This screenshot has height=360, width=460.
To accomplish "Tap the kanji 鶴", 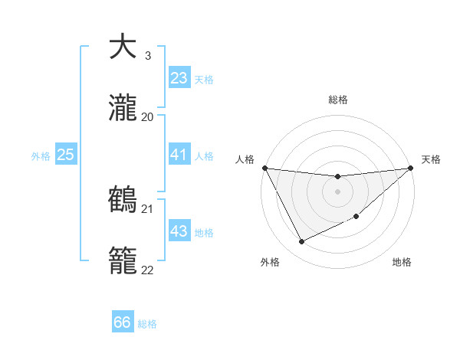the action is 123,199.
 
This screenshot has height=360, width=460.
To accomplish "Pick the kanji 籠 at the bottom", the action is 123,260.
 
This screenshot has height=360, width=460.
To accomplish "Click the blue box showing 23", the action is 179,78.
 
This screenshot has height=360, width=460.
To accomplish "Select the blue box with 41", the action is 179,155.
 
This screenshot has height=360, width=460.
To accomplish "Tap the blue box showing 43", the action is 179,231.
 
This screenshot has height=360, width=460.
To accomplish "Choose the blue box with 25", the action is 65,155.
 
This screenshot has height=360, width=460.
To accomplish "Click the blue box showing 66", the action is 123,322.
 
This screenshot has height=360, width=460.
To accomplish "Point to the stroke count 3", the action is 147,56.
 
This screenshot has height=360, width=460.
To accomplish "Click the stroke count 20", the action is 148,116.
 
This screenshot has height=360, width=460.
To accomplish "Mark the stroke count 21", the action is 148,208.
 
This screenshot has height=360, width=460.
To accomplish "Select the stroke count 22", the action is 148,270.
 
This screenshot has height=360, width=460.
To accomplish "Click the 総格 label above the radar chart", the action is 337,100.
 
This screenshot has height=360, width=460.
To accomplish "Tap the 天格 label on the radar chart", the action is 431,159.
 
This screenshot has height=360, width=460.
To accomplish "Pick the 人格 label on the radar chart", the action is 245,159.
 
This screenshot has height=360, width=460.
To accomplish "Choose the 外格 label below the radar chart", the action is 270,263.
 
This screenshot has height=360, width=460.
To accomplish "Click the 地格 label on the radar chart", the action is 402,263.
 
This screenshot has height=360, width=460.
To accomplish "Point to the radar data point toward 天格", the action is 412,168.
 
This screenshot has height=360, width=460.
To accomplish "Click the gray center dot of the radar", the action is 337,191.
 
